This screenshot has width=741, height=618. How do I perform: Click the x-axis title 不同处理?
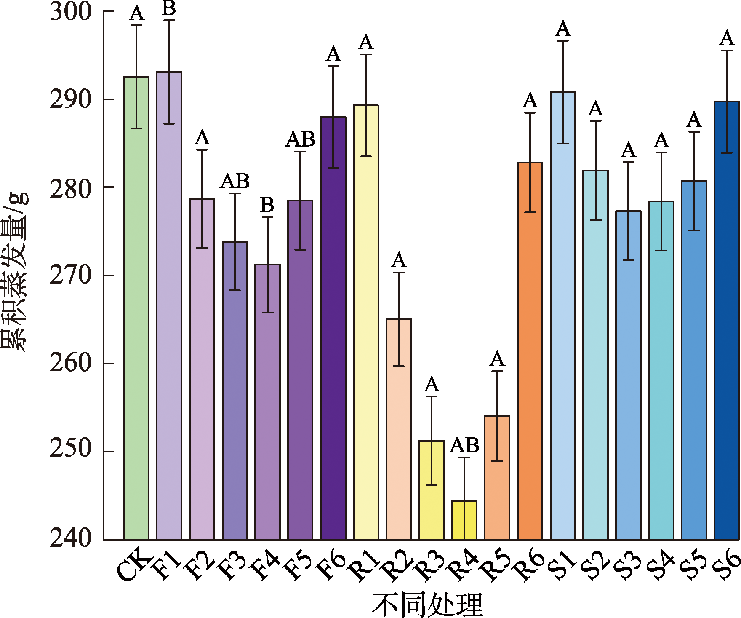point(427,605)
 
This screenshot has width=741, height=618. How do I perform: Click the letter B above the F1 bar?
point(169,8)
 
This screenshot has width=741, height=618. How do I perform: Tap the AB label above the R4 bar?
point(464,445)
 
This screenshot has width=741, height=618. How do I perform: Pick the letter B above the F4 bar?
point(267,205)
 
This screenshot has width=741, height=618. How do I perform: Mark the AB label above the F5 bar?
point(300,139)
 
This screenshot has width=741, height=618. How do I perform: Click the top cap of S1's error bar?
point(563,41)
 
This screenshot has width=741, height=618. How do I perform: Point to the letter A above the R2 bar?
point(399,261)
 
